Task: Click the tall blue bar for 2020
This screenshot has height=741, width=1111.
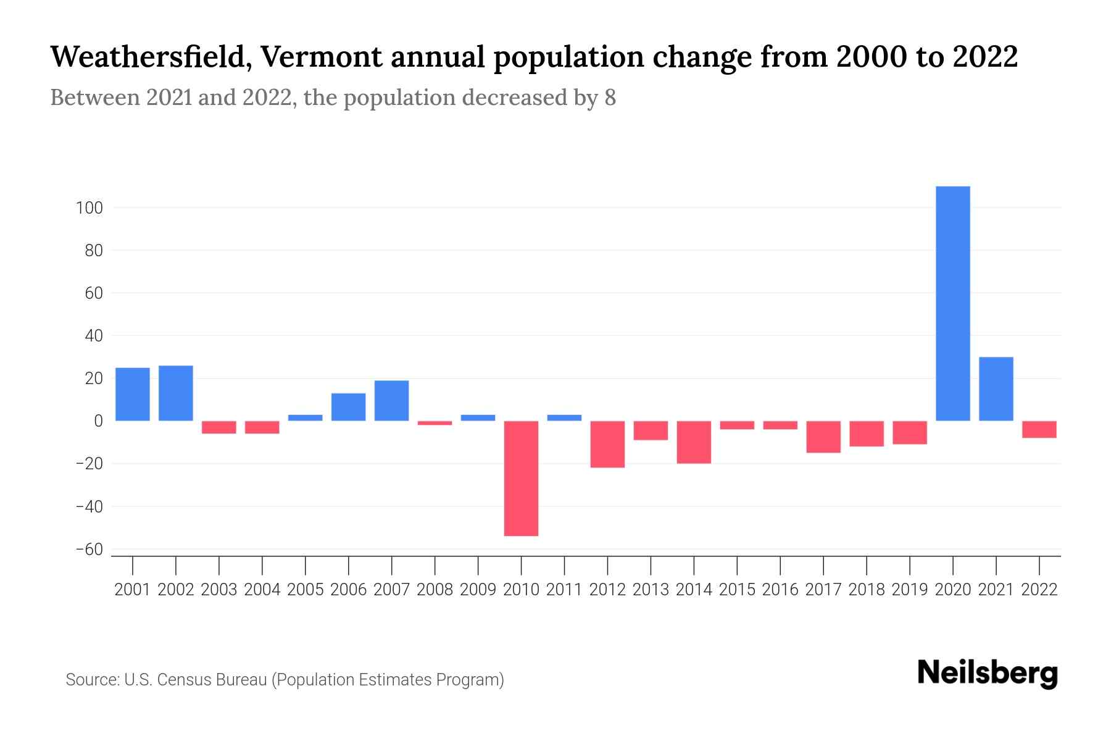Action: click(953, 303)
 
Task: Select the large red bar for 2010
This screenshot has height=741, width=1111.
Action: click(521, 478)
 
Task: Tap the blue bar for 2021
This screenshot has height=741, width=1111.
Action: click(996, 389)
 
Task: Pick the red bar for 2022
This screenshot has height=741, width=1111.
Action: click(1039, 429)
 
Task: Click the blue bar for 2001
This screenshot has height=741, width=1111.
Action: click(133, 394)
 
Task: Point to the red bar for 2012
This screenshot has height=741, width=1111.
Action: click(607, 444)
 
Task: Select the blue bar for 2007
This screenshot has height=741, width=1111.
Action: click(392, 400)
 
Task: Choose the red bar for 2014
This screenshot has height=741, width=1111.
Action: click(694, 442)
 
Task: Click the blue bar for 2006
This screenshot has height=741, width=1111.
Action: click(349, 407)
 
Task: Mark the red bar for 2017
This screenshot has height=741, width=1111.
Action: click(823, 437)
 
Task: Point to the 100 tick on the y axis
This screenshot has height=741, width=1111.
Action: click(89, 208)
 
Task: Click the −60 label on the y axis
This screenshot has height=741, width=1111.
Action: click(89, 550)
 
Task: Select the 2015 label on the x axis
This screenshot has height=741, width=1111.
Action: click(737, 590)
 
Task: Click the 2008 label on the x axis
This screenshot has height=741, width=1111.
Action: click(435, 590)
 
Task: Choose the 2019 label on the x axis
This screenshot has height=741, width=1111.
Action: click(910, 590)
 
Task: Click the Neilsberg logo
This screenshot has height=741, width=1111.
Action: click(988, 674)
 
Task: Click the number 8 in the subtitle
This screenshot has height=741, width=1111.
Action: click(610, 98)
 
